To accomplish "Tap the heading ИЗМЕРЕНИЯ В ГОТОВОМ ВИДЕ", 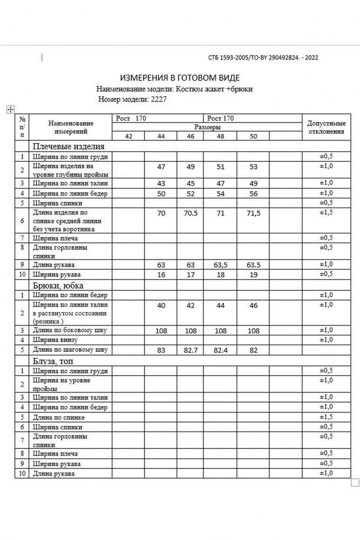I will coord(180,78).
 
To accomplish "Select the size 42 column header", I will coord(128,136).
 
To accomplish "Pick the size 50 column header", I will coord(253,136).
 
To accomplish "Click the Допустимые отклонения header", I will coord(326,127).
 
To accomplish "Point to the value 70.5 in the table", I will coord(191,214).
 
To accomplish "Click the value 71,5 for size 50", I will coord(253,214).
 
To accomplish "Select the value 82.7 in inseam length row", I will coord(191,351).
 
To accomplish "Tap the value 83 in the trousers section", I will coord(161,351).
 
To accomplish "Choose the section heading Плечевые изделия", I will coord(69,147).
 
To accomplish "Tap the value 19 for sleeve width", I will coord(253,274).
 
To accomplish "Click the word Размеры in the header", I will coord(207,127).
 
